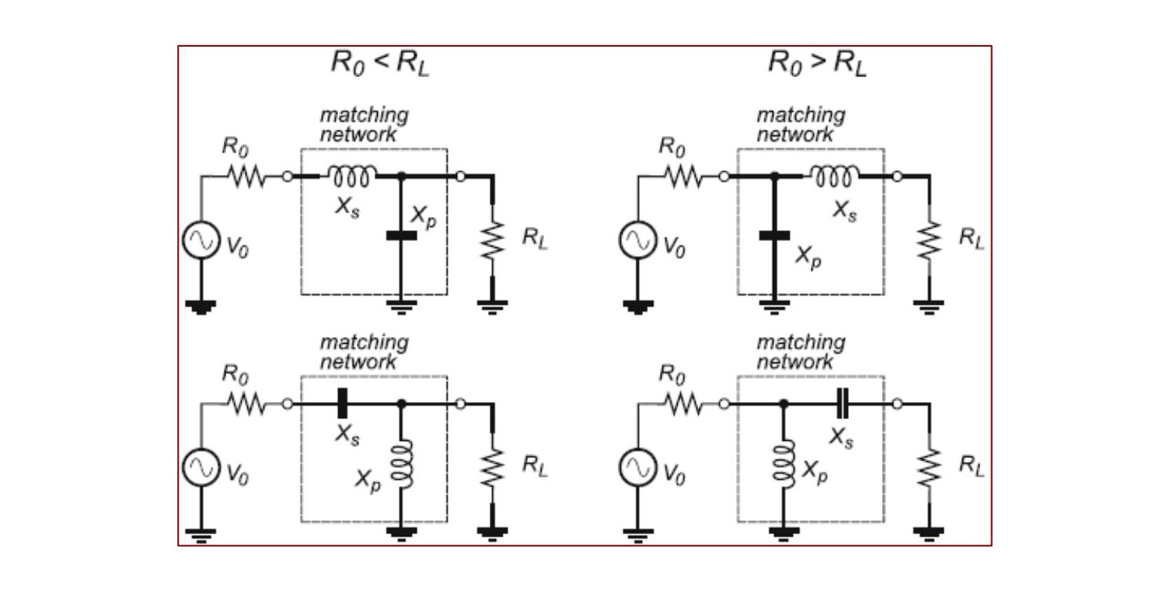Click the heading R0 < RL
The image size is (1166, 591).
[x=380, y=64]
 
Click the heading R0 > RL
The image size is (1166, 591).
[x=817, y=64]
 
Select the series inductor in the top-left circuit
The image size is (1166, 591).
[x=351, y=176]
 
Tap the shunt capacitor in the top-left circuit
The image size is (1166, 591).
[x=401, y=236]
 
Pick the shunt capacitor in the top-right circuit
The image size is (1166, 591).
[x=774, y=236]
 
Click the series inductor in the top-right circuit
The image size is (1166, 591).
[x=834, y=176]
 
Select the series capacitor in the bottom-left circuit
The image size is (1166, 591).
[x=342, y=403]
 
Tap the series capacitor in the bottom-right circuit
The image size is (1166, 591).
[x=843, y=403]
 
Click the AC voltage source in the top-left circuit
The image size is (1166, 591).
[x=201, y=240]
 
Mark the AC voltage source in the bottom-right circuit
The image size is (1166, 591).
[x=637, y=467]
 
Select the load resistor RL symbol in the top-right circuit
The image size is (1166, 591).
[x=929, y=240]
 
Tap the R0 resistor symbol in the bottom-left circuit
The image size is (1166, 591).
[x=246, y=404]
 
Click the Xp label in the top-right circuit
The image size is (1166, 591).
[x=808, y=257]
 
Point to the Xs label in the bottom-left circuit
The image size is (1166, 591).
[x=347, y=435]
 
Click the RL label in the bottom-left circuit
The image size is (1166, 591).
[x=535, y=465]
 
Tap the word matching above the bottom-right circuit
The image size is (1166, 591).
[x=801, y=343]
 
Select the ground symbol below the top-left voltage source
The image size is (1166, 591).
[x=201, y=307]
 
